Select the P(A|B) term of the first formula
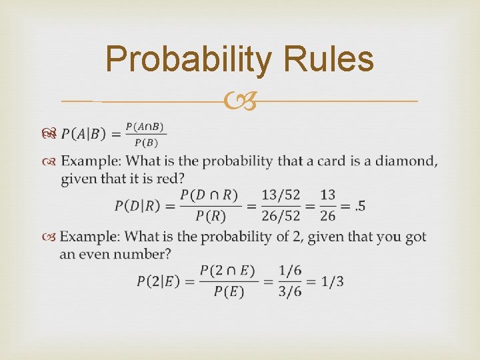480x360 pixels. (83, 134)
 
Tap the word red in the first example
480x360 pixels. (173, 179)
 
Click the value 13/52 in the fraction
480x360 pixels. (281, 195)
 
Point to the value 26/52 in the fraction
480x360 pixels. (281, 216)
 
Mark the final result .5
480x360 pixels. (359, 205)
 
